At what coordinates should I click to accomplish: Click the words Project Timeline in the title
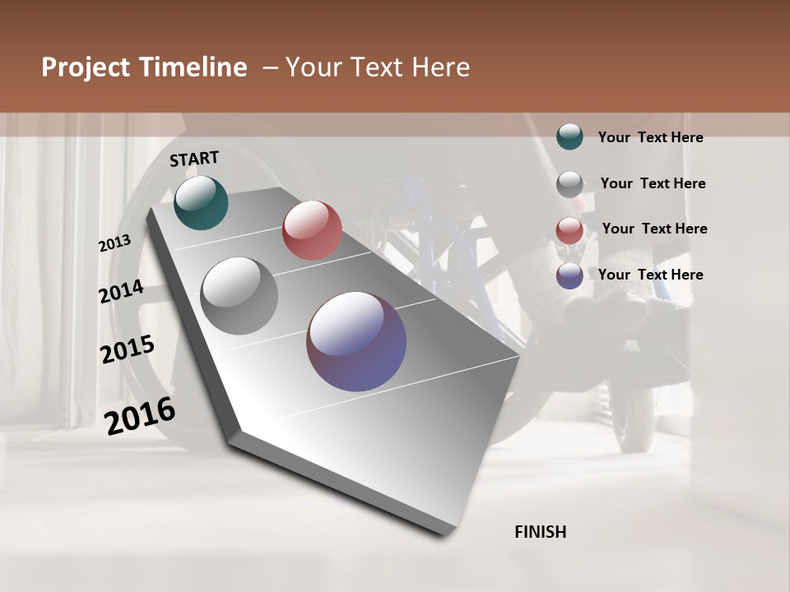tap(144, 67)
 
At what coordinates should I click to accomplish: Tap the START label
tap(194, 159)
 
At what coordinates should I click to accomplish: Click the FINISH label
tap(541, 532)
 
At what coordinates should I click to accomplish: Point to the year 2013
tap(114, 243)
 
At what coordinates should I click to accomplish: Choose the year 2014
tap(121, 292)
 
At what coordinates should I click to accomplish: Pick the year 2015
tap(128, 349)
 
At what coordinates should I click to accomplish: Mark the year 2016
tap(140, 415)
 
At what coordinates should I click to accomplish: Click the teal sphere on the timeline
tap(201, 202)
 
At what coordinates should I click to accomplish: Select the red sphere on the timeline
tap(312, 230)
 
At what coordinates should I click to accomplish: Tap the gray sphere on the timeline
tap(239, 296)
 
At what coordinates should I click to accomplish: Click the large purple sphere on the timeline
tap(356, 341)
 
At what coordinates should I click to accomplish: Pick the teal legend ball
tap(569, 137)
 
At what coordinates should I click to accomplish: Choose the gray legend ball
tap(569, 184)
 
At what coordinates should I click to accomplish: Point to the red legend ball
tap(569, 230)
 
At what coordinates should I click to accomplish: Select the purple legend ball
tap(569, 275)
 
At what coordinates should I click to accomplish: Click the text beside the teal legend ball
tap(650, 137)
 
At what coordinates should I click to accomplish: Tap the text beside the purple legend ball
tap(650, 275)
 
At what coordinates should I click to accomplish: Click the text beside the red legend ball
tap(654, 229)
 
